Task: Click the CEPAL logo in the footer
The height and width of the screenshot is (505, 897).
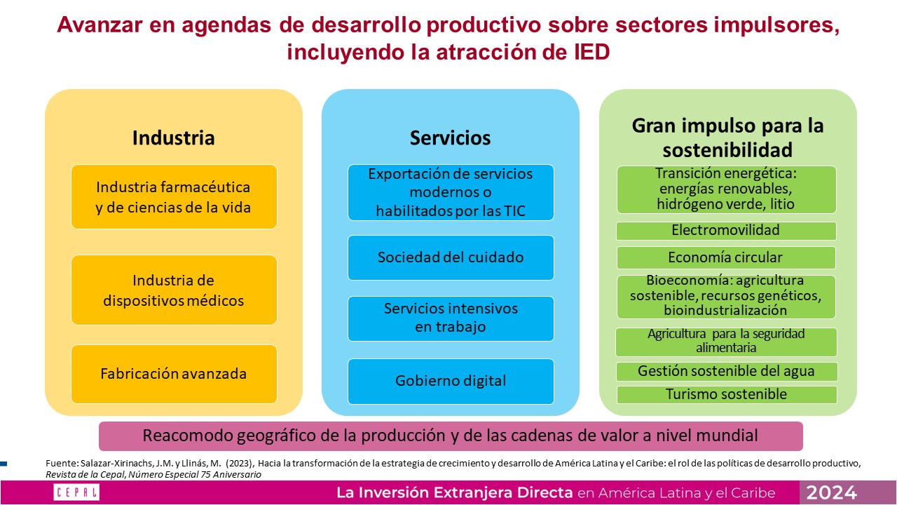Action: (x=76, y=492)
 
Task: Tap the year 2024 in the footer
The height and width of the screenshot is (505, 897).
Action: (x=831, y=492)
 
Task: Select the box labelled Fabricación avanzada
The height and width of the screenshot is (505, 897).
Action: (x=174, y=374)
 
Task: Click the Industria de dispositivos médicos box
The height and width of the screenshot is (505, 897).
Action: (x=174, y=290)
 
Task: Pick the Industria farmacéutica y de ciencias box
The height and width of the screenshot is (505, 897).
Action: (x=174, y=197)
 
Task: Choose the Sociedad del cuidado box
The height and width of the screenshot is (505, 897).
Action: (x=451, y=257)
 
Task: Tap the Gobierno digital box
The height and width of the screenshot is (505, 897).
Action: (x=451, y=381)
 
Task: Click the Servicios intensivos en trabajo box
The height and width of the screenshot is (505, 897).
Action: (x=451, y=318)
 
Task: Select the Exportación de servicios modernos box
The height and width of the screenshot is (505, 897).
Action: (x=451, y=192)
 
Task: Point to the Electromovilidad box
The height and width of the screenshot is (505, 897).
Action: (x=726, y=231)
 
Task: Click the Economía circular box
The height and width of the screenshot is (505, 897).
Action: (x=726, y=257)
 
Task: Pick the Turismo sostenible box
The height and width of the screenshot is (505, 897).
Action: (x=727, y=394)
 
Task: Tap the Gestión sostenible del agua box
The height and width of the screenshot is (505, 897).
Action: (x=727, y=372)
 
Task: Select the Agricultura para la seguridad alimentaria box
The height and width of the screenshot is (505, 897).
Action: (x=726, y=342)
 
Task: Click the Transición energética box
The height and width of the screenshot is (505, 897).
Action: (x=726, y=189)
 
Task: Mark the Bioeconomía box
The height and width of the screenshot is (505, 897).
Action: (x=726, y=297)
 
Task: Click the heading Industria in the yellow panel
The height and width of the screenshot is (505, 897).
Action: (x=173, y=137)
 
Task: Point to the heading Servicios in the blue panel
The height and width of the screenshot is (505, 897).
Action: (x=450, y=137)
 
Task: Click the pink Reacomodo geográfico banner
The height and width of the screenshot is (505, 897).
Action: (x=451, y=436)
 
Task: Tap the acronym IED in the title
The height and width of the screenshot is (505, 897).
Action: (x=588, y=52)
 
